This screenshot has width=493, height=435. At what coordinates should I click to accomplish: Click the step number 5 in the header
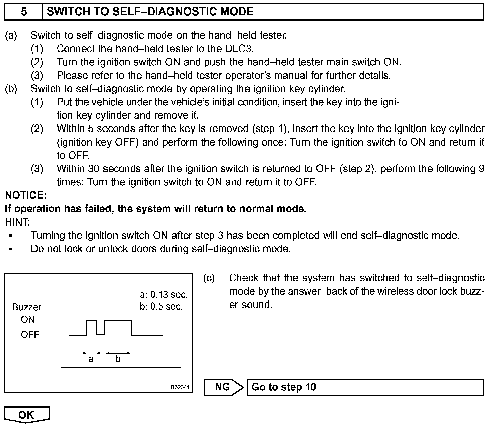tap(23, 12)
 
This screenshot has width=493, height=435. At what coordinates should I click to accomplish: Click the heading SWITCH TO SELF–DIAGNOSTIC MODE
tap(150, 12)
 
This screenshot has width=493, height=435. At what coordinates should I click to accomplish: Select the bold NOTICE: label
tap(26, 195)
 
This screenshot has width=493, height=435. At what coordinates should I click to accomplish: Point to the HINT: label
tap(17, 222)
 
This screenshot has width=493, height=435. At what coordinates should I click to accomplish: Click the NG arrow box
tap(224, 387)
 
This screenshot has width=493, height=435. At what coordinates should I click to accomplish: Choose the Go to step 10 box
tap(365, 387)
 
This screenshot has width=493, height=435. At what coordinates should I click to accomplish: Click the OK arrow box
tap(27, 415)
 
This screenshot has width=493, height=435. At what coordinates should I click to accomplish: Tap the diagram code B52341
tap(180, 387)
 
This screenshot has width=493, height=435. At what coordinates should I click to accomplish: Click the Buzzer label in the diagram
tap(26, 307)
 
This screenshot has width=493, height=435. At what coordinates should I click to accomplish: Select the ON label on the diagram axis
tap(28, 320)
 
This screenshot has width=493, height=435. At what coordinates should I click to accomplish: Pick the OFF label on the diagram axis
tap(30, 335)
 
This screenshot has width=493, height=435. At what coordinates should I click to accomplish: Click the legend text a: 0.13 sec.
tap(163, 295)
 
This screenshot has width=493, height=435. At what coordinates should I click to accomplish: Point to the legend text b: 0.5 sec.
tap(161, 307)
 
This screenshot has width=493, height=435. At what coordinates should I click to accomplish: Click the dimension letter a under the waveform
tap(91, 359)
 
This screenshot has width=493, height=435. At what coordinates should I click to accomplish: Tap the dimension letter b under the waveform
tap(118, 359)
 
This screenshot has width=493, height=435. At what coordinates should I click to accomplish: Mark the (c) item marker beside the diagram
tap(209, 278)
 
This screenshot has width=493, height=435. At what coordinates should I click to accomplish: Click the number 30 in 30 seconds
tap(94, 169)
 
